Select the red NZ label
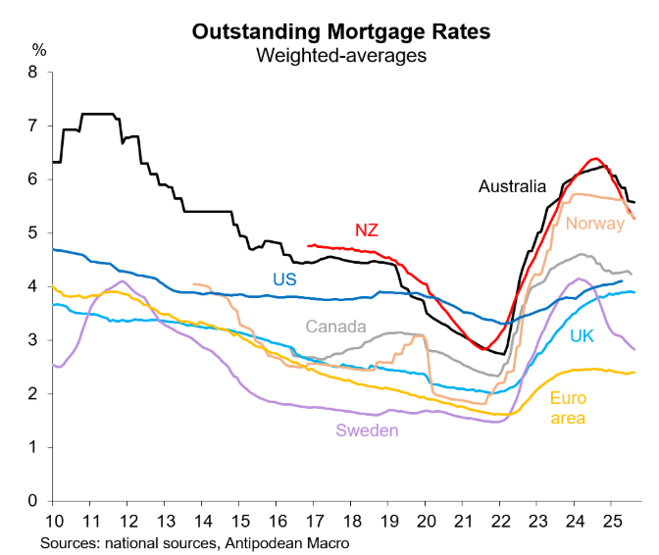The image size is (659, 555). point(367,230)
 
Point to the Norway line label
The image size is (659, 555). point(594,223)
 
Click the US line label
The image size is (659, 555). point(284,279)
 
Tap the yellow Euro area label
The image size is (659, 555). point(568,409)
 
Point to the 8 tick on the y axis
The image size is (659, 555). point(33,72)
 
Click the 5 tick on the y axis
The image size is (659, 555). point(33,233)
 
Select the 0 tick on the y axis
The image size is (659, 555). point(33,501)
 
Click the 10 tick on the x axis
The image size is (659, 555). point(56,520)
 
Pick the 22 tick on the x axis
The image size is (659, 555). point(499,520)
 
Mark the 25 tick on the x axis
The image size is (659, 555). point(610,520)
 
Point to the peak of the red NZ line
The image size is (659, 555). point(593,159)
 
